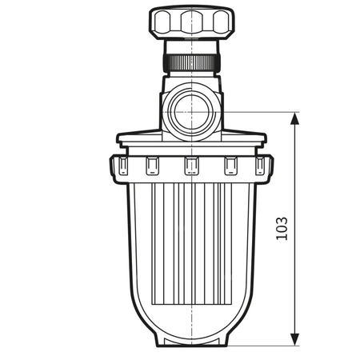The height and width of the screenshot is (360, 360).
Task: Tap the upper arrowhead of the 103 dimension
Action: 296,118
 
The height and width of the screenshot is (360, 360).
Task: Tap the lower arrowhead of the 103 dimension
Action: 296,339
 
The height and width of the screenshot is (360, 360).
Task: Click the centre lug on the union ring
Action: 190,166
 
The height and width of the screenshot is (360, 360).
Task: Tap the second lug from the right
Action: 231,166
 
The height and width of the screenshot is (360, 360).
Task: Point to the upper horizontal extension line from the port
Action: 256,112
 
